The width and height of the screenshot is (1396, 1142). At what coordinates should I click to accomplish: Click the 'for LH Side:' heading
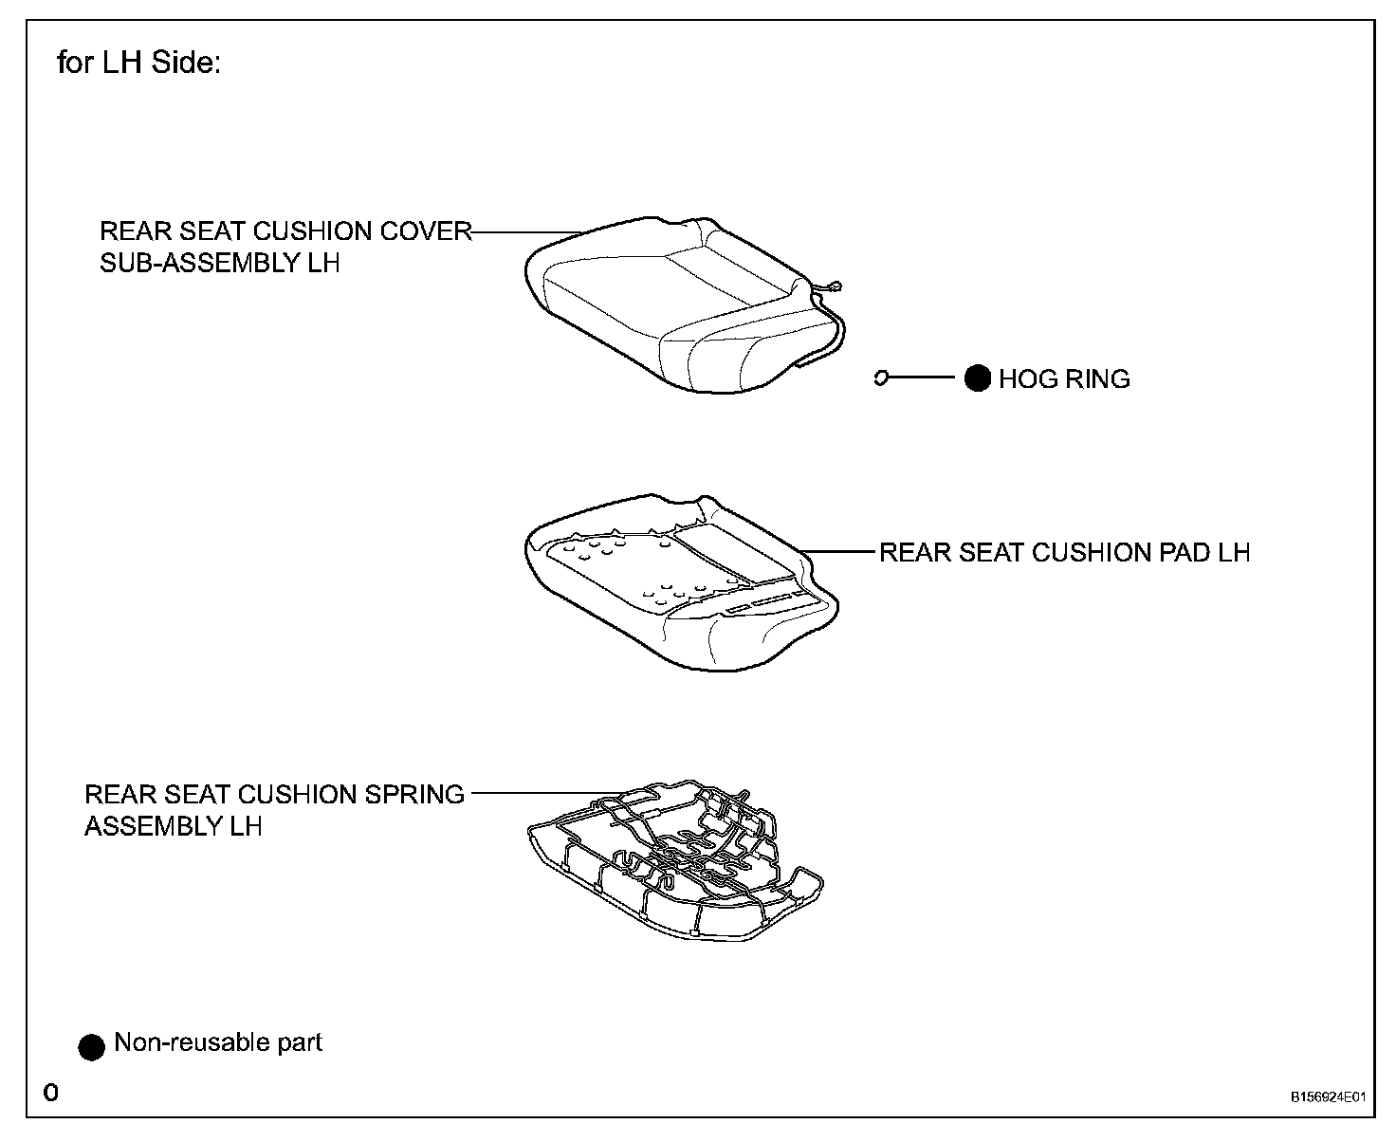pyautogui.click(x=138, y=64)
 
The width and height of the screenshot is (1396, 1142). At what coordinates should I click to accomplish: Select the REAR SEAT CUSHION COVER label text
pyautogui.click(x=285, y=231)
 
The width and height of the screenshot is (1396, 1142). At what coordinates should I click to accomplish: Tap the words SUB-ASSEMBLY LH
pyautogui.click(x=219, y=263)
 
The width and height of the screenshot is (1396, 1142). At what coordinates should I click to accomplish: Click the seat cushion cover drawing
pyautogui.click(x=664, y=304)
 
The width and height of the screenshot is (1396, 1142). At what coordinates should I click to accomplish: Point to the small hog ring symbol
pyautogui.click(x=881, y=378)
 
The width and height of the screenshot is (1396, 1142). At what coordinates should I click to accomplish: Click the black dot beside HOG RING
pyautogui.click(x=977, y=378)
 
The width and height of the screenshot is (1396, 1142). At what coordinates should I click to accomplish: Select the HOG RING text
pyautogui.click(x=1064, y=379)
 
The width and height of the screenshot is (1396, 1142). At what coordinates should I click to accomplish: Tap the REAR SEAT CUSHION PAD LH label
pyautogui.click(x=1064, y=552)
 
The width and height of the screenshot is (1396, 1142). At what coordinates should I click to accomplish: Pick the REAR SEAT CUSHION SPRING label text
pyautogui.click(x=274, y=794)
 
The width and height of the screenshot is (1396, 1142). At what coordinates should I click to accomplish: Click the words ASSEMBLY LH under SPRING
pyautogui.click(x=173, y=826)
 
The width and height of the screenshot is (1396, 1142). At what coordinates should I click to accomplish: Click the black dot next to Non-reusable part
pyautogui.click(x=91, y=1046)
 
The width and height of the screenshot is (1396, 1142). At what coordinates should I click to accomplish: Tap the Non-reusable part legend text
pyautogui.click(x=218, y=1042)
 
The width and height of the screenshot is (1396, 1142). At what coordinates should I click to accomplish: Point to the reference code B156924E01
pyautogui.click(x=1328, y=1097)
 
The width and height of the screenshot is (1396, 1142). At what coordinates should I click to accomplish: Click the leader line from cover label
pyautogui.click(x=526, y=232)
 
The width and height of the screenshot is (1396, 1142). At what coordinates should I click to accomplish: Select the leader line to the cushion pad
pyautogui.click(x=839, y=551)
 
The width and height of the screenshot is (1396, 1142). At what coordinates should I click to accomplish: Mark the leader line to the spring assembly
pyautogui.click(x=536, y=793)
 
